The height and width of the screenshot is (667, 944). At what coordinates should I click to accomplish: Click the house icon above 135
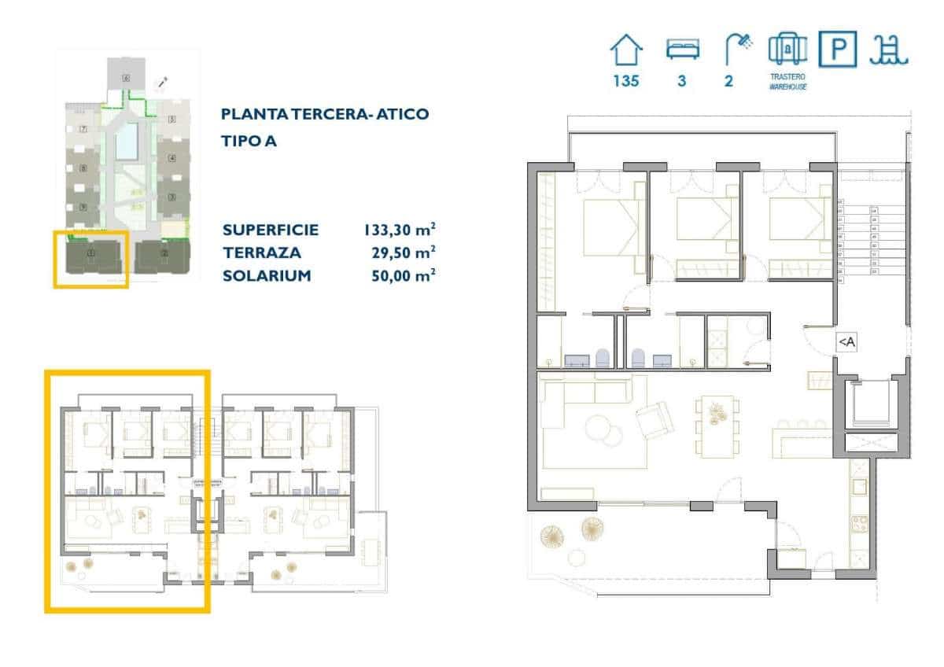(x=626, y=52)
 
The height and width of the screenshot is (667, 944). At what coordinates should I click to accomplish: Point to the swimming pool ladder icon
(x=889, y=50)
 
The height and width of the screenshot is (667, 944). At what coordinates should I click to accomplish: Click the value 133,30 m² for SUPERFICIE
(x=399, y=230)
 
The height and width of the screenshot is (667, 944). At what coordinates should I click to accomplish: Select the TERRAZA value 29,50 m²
(x=403, y=252)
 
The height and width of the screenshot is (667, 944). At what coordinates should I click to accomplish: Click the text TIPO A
(x=249, y=142)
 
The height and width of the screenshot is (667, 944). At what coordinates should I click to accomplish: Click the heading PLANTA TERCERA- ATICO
(x=325, y=114)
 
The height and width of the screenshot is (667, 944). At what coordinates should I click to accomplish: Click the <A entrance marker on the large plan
(x=846, y=341)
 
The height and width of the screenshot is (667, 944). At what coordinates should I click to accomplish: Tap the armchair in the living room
(x=655, y=421)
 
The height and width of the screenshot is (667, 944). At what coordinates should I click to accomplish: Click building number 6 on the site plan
(x=126, y=79)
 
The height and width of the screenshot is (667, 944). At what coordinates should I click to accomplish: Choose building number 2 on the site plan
(x=164, y=254)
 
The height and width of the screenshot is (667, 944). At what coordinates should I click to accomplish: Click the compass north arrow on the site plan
(x=163, y=83)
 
